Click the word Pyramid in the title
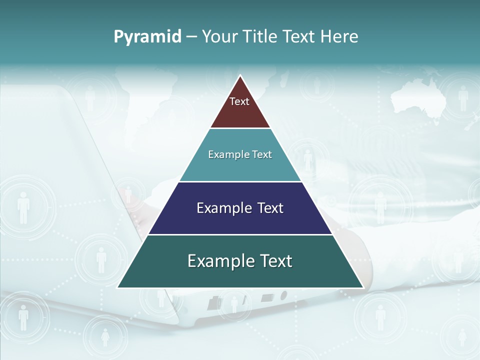point(147,36)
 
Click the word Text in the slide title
point(299,36)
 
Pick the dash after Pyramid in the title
point(191,37)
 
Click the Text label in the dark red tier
point(239,101)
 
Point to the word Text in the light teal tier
point(262,154)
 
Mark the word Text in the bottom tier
point(274,261)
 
